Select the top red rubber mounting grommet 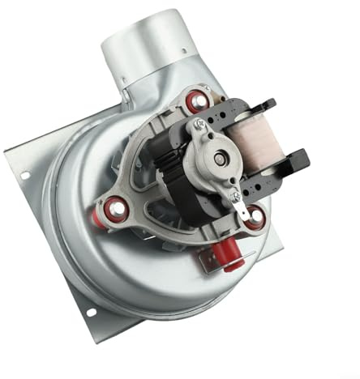[196, 102]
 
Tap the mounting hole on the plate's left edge [24, 175]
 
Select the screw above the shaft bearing [199, 126]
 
